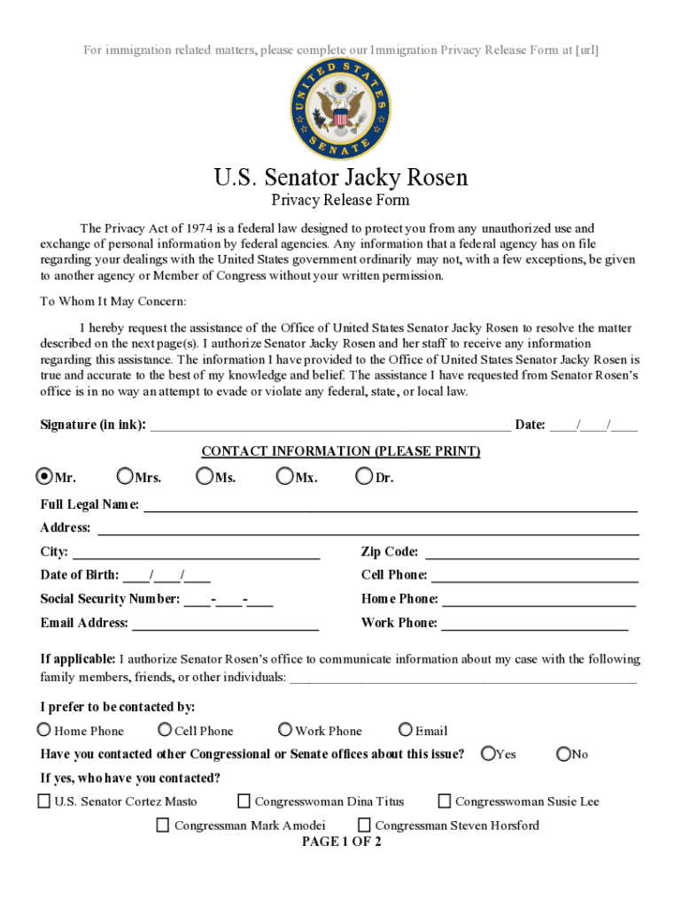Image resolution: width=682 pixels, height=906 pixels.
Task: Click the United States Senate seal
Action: point(340,109)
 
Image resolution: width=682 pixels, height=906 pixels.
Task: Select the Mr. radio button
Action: point(43,477)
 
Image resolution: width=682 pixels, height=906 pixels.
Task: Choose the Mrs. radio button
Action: point(125,477)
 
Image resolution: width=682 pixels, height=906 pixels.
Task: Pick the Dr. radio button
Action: point(364,477)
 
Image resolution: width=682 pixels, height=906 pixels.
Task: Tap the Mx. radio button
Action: point(284,477)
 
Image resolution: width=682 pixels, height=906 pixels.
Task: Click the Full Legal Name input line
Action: point(390,505)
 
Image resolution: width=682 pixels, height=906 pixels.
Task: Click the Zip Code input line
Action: point(532,553)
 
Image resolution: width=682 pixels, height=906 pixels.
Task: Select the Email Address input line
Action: point(225,624)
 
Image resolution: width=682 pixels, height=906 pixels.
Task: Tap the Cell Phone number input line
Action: point(534,576)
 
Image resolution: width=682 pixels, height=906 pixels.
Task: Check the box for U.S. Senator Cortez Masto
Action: point(43,802)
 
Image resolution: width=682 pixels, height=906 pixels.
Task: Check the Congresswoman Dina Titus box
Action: point(244,802)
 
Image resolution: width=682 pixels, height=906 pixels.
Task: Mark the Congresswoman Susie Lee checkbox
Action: point(445,802)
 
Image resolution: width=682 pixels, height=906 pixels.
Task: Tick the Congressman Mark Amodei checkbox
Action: point(163,825)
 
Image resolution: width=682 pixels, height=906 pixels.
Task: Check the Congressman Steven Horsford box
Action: point(364,825)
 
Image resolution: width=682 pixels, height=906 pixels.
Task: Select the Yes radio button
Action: point(488,754)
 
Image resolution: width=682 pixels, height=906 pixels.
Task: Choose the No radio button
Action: point(563,754)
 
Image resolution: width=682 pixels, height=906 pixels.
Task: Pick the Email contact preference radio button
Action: point(406,730)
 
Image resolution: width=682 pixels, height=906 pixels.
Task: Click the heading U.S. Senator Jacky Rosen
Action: point(340,178)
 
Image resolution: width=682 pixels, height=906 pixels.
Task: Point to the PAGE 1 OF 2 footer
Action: point(341,841)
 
